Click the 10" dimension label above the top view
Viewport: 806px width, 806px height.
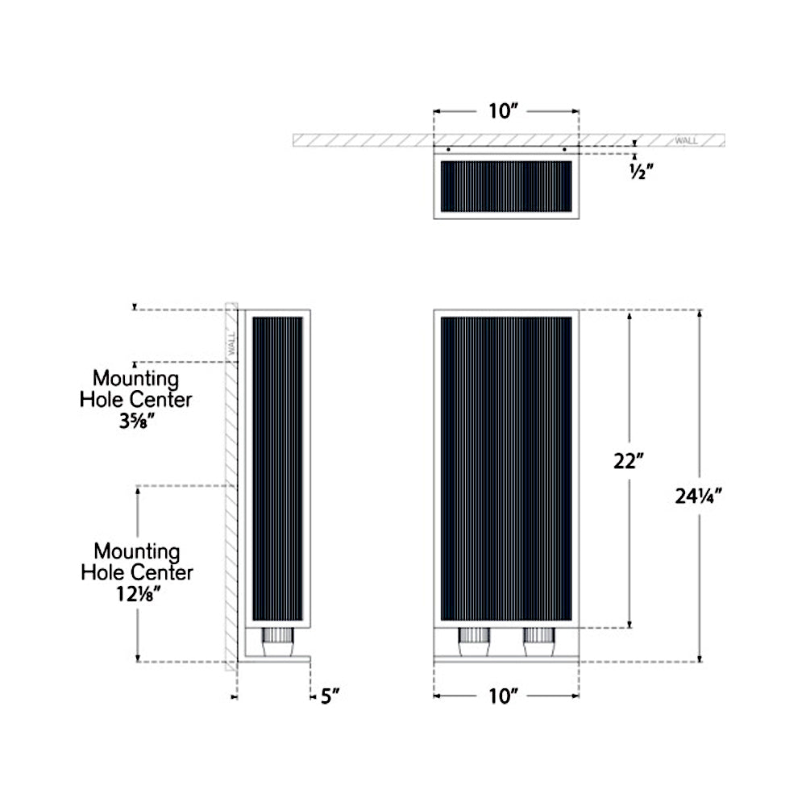pyautogui.click(x=505, y=111)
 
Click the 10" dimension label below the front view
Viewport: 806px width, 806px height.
pyautogui.click(x=505, y=696)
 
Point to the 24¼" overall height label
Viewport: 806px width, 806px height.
pyautogui.click(x=698, y=496)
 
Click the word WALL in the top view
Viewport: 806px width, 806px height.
pyautogui.click(x=686, y=141)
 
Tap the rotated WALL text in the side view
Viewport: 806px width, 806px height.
pyautogui.click(x=231, y=344)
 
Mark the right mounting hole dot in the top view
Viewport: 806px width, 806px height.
pyautogui.click(x=565, y=150)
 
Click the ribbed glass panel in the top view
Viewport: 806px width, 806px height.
pyautogui.click(x=505, y=186)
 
